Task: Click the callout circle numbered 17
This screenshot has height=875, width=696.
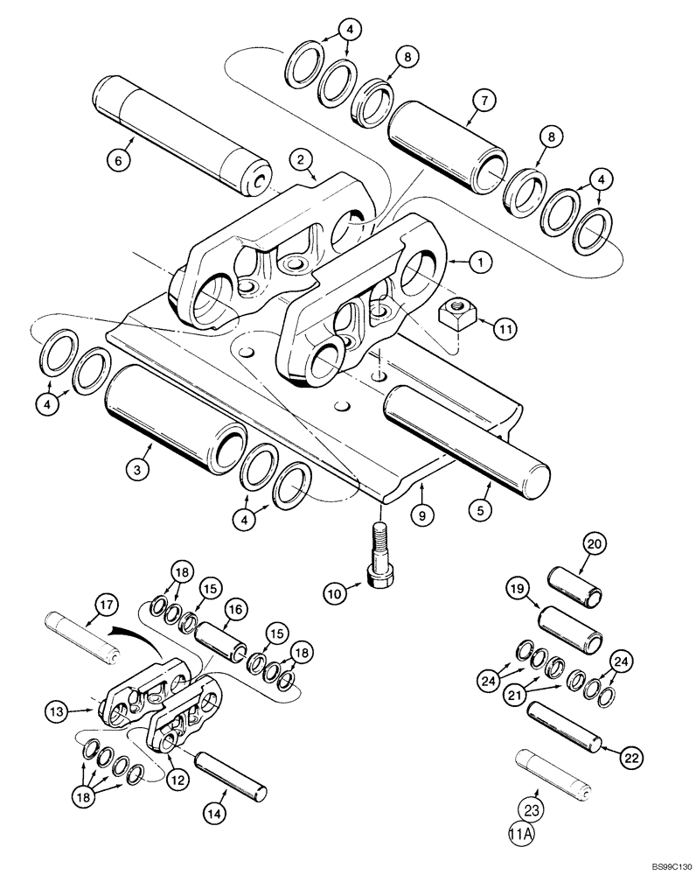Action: pyautogui.click(x=106, y=603)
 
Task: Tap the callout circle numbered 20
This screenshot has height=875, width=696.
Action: pyautogui.click(x=595, y=543)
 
